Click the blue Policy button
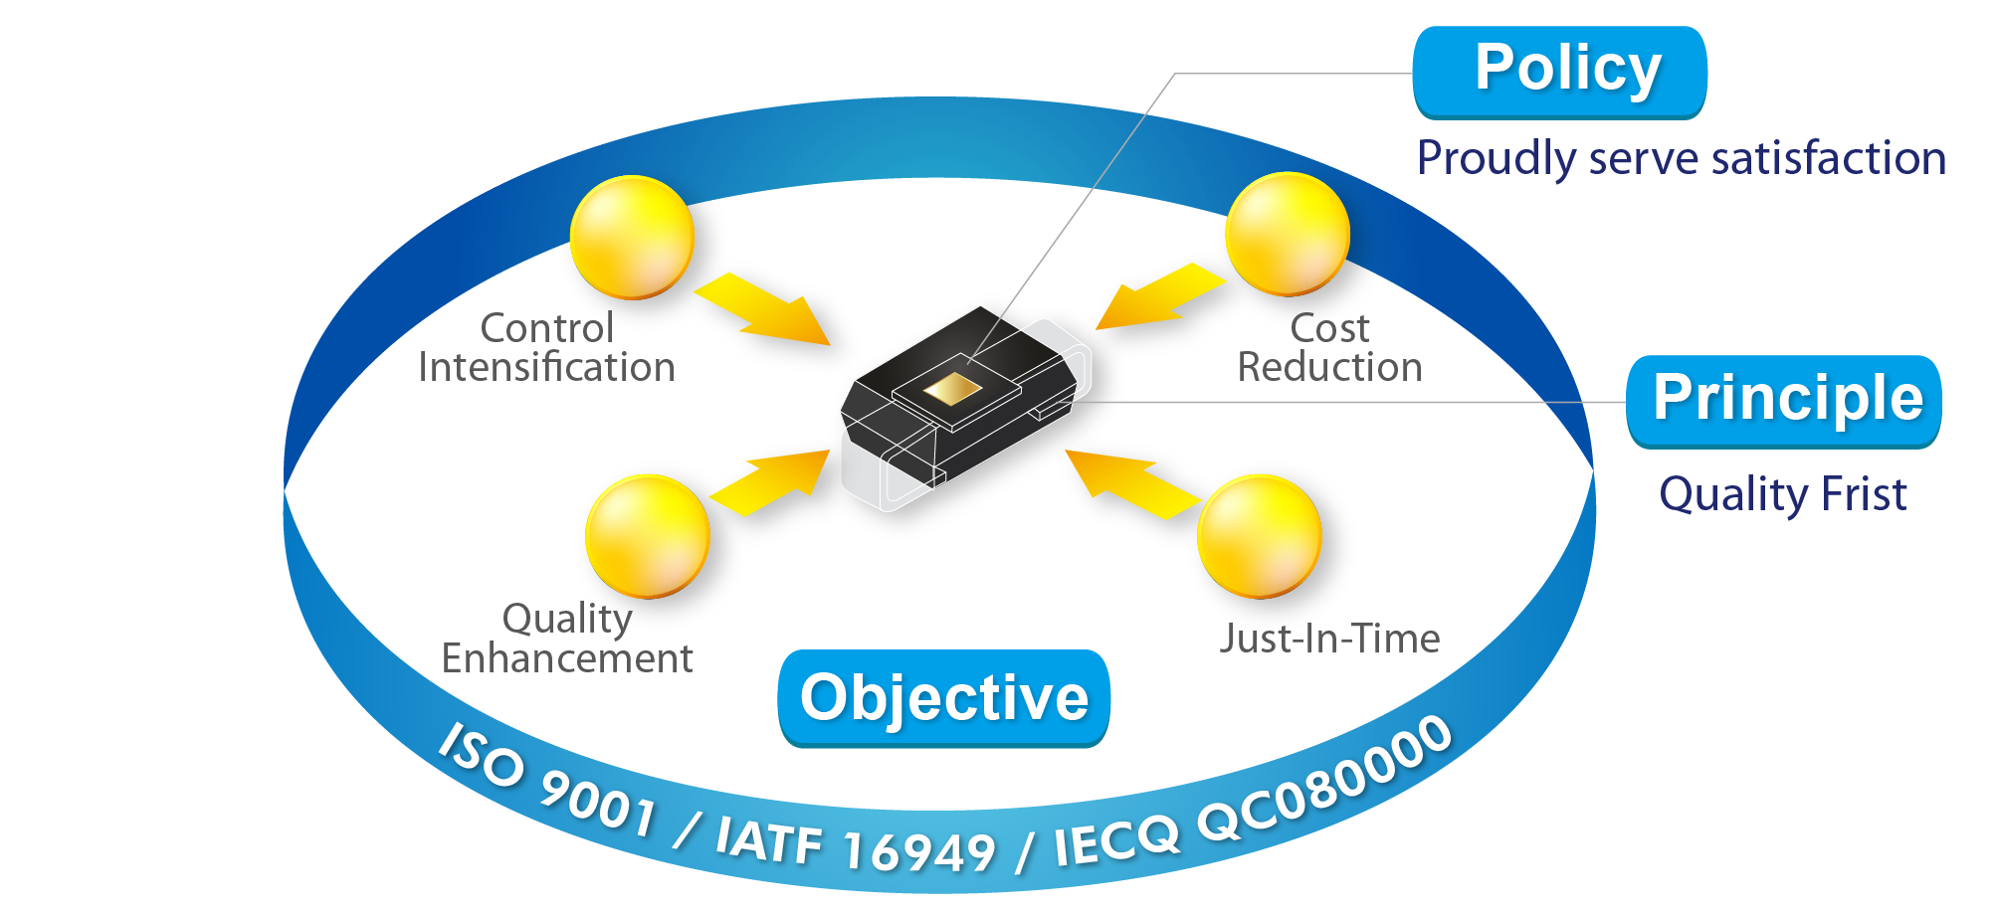[1559, 73]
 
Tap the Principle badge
[1784, 402]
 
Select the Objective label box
[943, 698]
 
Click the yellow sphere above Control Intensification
[632, 238]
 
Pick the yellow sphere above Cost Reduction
[1288, 235]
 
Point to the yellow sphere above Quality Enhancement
[648, 537]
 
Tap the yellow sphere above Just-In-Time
[1260, 537]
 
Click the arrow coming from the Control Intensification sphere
[763, 308]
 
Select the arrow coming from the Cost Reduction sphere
[1160, 295]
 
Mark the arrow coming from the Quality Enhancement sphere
[770, 483]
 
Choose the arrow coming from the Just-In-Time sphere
[1132, 484]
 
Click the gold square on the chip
[952, 389]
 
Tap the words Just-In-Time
[1330, 639]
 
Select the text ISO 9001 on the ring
[547, 781]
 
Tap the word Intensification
[546, 367]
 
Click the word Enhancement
[567, 658]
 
